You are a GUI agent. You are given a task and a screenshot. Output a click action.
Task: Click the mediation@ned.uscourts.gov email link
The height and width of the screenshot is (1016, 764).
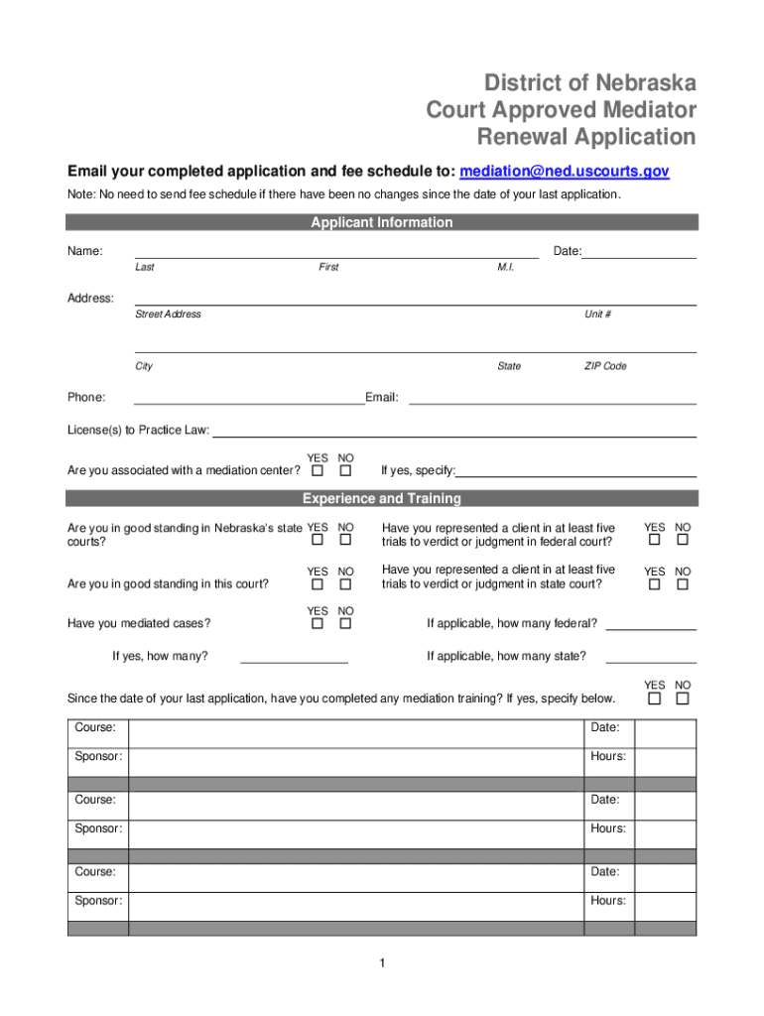(565, 172)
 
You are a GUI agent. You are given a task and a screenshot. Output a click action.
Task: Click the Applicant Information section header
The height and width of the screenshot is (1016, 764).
(382, 222)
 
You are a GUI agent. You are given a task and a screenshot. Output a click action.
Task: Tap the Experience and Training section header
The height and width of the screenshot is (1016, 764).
(382, 498)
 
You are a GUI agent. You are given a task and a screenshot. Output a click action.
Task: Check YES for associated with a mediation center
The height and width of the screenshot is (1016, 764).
(318, 470)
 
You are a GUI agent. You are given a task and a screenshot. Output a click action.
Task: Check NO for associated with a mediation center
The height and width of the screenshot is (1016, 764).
(345, 470)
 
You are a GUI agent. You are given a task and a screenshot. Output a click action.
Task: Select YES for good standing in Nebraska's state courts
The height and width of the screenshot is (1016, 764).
(318, 541)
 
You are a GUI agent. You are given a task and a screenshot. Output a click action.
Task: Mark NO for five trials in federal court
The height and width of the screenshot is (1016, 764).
(683, 541)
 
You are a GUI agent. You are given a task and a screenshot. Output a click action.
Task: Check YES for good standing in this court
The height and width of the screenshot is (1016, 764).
(318, 584)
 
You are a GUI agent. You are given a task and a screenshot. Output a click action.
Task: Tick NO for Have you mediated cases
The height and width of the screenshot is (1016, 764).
(345, 624)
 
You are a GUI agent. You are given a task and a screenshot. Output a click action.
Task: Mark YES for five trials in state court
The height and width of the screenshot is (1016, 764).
(655, 584)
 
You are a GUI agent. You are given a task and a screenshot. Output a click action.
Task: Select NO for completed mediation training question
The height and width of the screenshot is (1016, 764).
(683, 698)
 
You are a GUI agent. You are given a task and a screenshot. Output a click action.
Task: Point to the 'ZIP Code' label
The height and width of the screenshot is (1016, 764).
(605, 366)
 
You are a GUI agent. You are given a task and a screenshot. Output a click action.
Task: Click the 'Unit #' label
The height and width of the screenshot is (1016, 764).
(597, 315)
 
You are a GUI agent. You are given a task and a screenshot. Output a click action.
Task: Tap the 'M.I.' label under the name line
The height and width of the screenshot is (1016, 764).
(505, 268)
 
